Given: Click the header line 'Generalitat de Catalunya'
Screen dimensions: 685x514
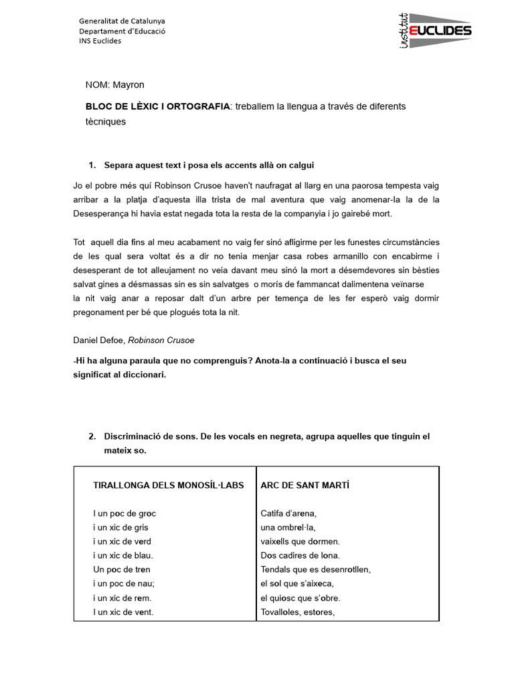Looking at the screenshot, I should (122, 21).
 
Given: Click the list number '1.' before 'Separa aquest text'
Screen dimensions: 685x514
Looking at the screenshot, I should (93, 165).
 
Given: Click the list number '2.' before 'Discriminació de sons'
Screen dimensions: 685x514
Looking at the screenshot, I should (93, 436).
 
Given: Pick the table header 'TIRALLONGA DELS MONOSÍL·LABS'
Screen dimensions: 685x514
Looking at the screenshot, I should (169, 485).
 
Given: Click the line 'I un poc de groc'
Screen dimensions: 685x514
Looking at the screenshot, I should (124, 514).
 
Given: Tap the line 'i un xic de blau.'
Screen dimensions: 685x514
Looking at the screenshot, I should (123, 555).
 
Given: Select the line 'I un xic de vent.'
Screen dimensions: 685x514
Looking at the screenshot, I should (123, 611).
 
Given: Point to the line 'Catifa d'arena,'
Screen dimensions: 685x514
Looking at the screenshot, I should (288, 514).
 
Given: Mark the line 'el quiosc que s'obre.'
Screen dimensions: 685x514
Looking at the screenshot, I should (301, 597).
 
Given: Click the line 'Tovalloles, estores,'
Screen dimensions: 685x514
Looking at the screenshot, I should (297, 611).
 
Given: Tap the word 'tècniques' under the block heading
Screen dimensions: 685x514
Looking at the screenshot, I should (106, 122).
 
